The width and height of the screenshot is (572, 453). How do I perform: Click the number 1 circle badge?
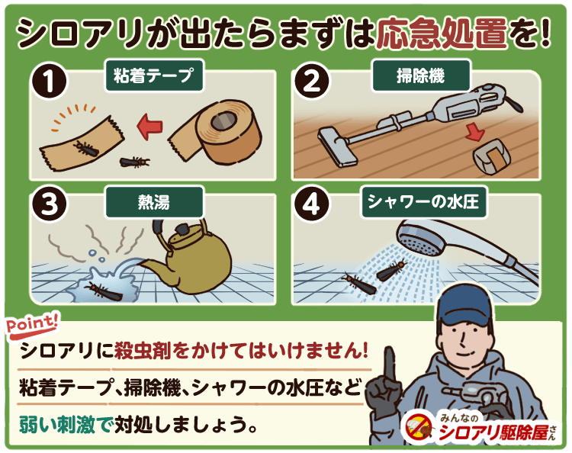pos(49,81)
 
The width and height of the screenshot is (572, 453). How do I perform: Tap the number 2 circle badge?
pos(311,81)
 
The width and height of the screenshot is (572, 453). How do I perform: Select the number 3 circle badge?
pos(49,203)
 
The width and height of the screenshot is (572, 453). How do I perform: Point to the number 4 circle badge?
pos(311,203)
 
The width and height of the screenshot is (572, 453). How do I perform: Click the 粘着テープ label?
pos(153,75)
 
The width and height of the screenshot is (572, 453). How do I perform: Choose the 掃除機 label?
pos(420,75)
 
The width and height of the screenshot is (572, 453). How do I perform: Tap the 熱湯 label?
pos(153,202)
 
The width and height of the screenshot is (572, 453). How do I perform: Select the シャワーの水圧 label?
pos(423,202)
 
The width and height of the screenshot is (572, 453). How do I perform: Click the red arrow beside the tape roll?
pos(149,126)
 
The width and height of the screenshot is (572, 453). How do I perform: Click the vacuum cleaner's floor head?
pos(337,146)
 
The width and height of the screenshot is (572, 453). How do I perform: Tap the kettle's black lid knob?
pos(182,230)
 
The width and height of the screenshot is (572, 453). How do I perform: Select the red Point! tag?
pos(32,324)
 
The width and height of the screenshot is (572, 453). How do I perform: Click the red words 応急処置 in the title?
pos(442,34)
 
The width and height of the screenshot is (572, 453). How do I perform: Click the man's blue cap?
pos(466,304)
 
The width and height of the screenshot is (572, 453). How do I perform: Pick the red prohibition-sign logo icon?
pos(419,428)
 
